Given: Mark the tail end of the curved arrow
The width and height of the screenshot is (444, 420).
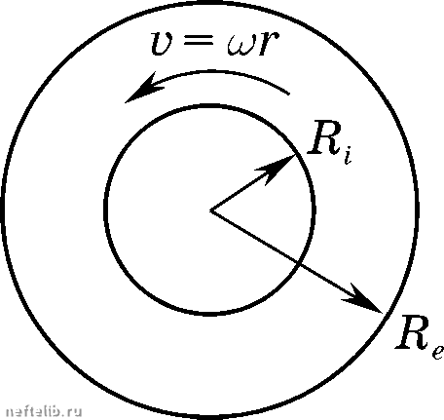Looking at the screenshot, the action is click(x=288, y=95).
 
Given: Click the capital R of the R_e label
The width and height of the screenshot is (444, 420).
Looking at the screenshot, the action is click(x=412, y=331).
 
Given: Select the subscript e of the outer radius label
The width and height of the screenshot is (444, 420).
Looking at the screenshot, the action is click(x=437, y=353).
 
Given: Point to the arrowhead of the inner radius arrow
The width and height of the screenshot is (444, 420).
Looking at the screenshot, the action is click(x=277, y=169).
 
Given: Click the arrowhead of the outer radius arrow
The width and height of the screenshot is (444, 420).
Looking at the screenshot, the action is click(x=362, y=299).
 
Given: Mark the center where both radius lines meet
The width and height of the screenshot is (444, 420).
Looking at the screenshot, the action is click(x=211, y=210).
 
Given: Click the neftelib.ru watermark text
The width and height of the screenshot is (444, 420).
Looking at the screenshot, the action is click(x=44, y=411).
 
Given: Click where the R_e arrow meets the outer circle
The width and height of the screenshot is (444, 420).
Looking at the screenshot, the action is click(x=383, y=313).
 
